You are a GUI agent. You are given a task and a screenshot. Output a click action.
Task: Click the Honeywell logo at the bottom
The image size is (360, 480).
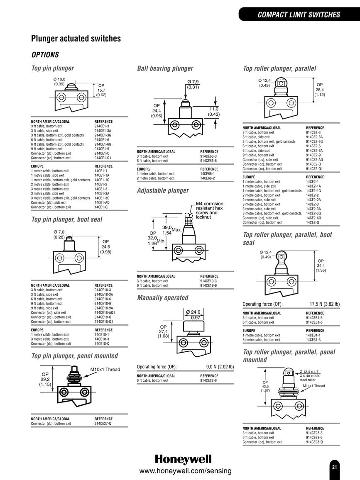[x=183, y=459]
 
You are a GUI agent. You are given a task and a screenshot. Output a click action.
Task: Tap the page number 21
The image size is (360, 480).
[x=334, y=467]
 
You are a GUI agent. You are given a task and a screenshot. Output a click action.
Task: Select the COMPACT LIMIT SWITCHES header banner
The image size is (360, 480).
[x=299, y=15]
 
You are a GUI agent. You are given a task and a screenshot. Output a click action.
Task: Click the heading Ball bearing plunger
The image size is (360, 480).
[x=165, y=68]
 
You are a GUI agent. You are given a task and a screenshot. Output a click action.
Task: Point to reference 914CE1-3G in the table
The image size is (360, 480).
[x=103, y=135]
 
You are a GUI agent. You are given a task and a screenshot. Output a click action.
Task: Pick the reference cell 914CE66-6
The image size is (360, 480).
[x=208, y=161]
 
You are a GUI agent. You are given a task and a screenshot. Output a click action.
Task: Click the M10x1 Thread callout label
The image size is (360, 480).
[x=105, y=370]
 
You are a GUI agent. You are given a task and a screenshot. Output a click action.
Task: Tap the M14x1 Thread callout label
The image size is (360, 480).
[x=314, y=386]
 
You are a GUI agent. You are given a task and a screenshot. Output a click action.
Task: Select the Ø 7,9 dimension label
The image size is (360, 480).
[x=193, y=82]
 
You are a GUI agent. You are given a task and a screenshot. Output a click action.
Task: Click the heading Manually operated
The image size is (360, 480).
[x=163, y=298]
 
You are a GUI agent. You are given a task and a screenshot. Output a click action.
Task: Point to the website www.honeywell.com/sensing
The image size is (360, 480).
[x=185, y=471]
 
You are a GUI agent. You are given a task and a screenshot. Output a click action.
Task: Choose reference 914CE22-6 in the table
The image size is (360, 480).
[x=208, y=380]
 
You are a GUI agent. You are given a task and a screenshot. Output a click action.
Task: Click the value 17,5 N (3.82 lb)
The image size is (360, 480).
[x=324, y=304]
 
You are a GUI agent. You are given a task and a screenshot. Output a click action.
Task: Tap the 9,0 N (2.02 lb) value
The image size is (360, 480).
[x=220, y=367]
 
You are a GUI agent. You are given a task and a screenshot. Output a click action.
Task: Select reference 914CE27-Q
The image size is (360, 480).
[x=103, y=424]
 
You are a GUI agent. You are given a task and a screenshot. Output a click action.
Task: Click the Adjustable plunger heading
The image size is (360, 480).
[x=163, y=191]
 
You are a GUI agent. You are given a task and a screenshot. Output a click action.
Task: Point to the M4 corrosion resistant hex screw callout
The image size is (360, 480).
[x=210, y=210]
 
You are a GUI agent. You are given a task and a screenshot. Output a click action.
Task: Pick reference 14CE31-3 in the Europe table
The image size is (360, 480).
[x=313, y=340]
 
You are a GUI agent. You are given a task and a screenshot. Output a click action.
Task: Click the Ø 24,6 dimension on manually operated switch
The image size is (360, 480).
[x=193, y=312]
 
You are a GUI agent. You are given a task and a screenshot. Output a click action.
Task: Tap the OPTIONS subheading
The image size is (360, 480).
[x=45, y=55]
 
